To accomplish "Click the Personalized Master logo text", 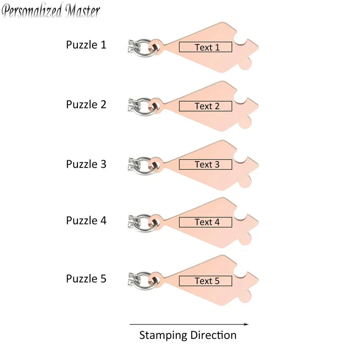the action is coord(51,10).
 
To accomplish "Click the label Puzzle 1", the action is coord(86,45).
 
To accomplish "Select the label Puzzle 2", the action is coord(86,104).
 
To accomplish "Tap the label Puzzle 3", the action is coord(86,164).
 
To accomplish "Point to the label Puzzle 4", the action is coord(86,220).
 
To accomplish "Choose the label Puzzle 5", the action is coord(86,279).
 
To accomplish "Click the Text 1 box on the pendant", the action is coord(206,47).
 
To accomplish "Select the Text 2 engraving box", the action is coord(206,106).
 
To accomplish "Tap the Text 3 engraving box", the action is coord(206,164).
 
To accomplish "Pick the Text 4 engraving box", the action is coord(206,222).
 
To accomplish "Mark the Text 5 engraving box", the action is coord(206,281).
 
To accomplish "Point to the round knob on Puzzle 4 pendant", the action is coord(245,239).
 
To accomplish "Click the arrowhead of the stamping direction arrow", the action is coord(246,324).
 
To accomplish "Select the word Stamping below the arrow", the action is coord(163,335).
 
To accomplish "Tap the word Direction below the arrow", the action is coord(213,335).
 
